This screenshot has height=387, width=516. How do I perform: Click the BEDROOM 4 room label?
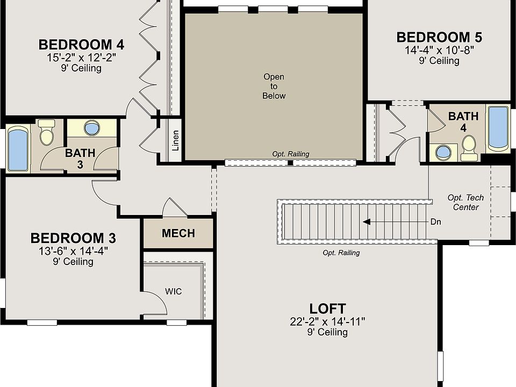point(81,44)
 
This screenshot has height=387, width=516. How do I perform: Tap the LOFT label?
point(327,309)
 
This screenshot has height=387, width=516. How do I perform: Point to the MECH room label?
point(178,234)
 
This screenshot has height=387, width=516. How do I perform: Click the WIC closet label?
point(173,292)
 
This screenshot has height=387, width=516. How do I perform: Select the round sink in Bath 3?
point(92,128)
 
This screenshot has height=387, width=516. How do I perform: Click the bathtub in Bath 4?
point(498,127)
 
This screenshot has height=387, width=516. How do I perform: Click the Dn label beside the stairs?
point(436,221)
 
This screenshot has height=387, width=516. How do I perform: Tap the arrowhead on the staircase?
point(366,221)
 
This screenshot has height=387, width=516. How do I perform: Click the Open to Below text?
point(274,86)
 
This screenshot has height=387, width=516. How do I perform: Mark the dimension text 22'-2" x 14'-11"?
point(327,321)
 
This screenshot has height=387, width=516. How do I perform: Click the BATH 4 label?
point(463,121)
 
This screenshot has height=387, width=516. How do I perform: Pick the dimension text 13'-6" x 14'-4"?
point(73,250)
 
